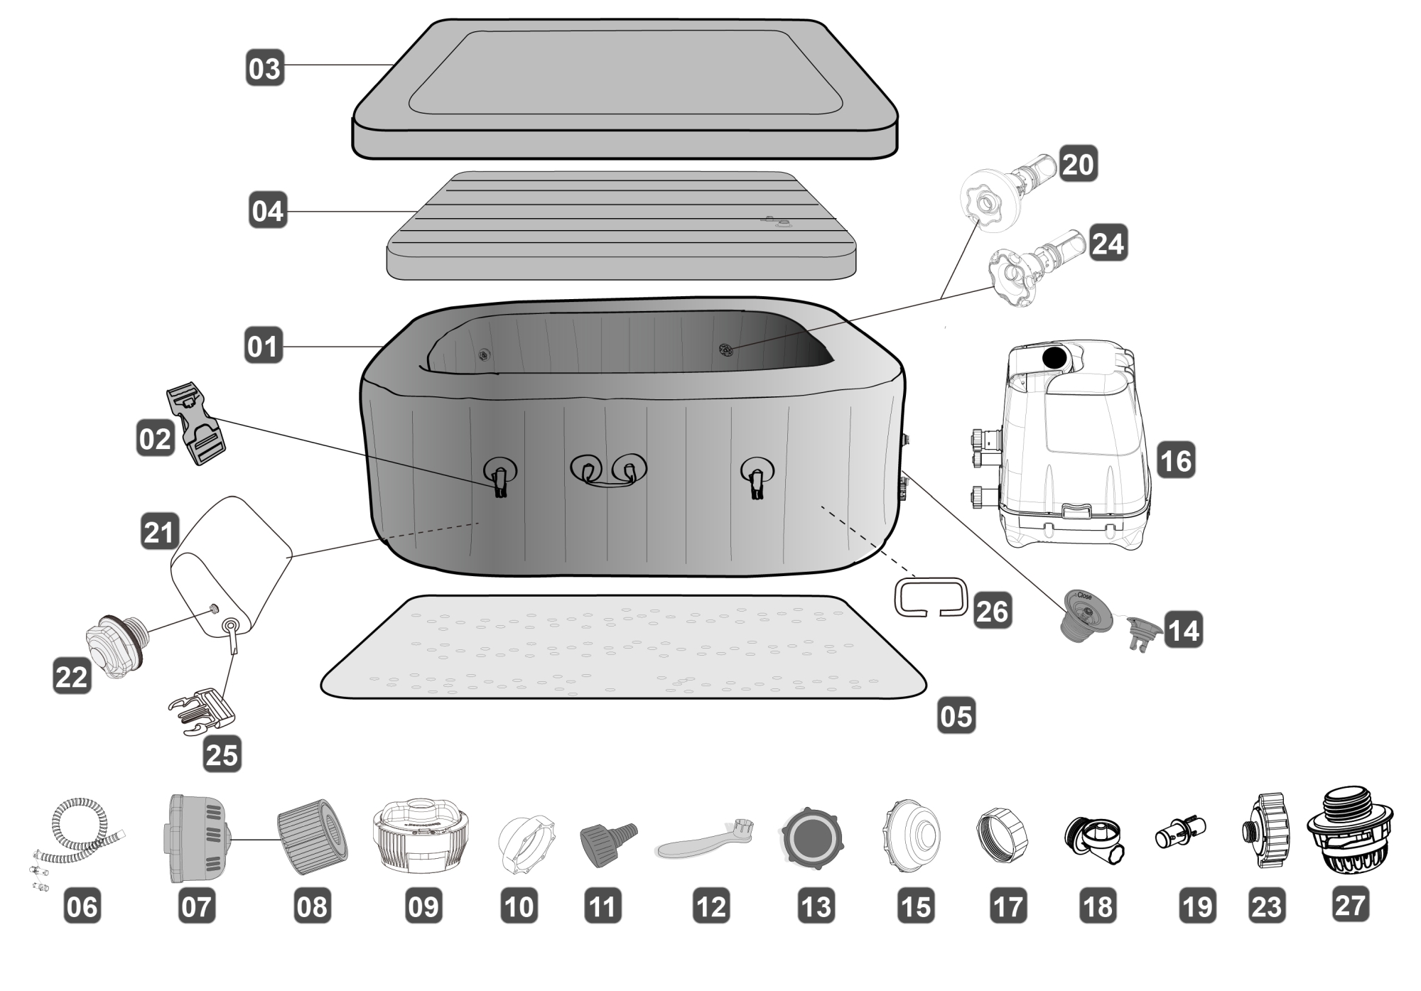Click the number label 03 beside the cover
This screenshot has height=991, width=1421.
point(265,68)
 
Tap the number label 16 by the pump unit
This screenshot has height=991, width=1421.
point(1176,460)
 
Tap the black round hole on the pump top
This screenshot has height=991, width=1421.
point(1054,357)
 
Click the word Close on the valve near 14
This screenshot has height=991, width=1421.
point(1084,596)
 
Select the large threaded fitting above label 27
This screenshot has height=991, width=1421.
point(1349,831)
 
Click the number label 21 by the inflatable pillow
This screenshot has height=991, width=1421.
point(158,531)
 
